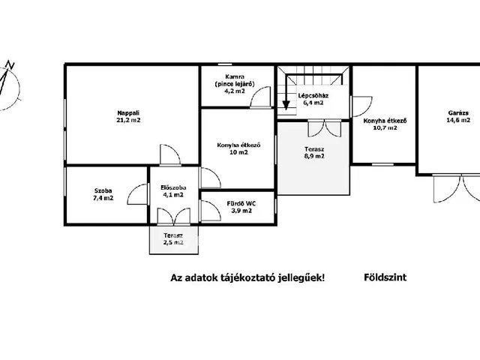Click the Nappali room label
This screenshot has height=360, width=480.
[128, 112]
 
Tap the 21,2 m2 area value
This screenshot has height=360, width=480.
[128, 120]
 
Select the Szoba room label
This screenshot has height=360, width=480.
[103, 190]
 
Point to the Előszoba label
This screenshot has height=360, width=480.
[173, 187]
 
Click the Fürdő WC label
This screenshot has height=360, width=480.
[241, 203]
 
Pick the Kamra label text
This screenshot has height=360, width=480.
[235, 76]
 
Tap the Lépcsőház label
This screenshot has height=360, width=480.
[313, 95]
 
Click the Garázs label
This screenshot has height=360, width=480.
[458, 112]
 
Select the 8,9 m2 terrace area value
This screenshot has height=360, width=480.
[314, 156]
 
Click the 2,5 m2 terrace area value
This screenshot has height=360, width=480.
[173, 242]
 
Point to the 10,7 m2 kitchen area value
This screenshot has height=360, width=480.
[385, 127]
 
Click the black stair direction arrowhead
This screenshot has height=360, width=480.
[286, 106]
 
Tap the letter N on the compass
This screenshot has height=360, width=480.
[10, 64]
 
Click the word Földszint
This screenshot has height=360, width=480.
[385, 277]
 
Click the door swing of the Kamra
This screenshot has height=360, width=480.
[260, 97]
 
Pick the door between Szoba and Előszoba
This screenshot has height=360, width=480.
[137, 194]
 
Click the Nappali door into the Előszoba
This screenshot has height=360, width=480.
[170, 155]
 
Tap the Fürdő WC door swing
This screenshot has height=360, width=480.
[210, 211]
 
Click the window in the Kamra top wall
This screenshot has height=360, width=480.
[225, 64]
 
